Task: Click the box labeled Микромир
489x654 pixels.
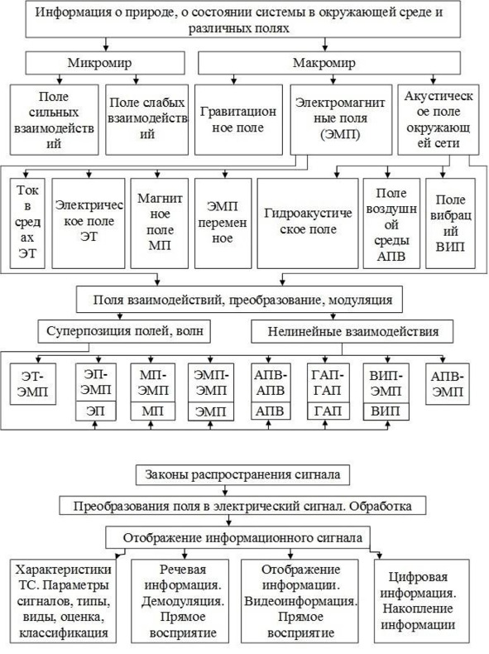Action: point(105,63)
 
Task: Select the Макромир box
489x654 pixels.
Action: point(329,63)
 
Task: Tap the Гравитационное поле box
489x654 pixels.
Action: point(238,120)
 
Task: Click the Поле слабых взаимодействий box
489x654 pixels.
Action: point(146,120)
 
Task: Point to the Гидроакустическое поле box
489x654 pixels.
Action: point(308,224)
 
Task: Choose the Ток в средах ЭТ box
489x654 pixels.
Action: point(27,224)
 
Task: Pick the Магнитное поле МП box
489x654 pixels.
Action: point(159,224)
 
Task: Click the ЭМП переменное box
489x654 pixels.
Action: point(223,224)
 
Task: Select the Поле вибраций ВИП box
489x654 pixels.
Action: point(450,224)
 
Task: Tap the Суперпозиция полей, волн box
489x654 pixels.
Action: point(124,332)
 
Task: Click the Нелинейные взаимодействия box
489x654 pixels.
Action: point(352,332)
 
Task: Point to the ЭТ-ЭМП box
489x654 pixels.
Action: point(33,384)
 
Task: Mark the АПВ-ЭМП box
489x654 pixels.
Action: point(448,384)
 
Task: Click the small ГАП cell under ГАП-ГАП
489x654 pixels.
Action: point(328,411)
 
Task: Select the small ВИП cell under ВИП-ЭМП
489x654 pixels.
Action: point(386,411)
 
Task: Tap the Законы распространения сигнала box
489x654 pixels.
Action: point(242,474)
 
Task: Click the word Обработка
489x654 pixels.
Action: point(381,507)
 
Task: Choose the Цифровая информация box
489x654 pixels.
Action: point(421,601)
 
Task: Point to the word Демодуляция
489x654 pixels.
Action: point(183,601)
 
